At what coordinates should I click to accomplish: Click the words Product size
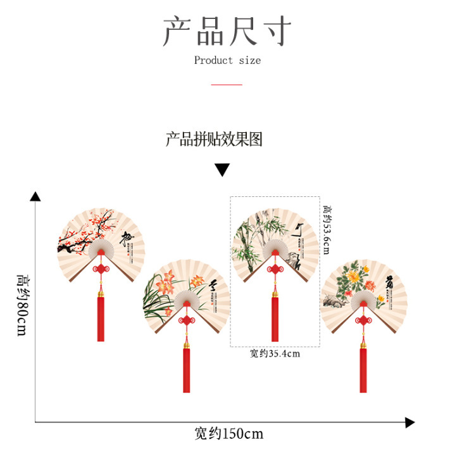pyautogui.click(x=227, y=61)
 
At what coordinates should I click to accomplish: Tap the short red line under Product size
pyautogui.click(x=227, y=84)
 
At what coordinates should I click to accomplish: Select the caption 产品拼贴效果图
pyautogui.click(x=214, y=139)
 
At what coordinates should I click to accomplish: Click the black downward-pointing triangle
pyautogui.click(x=222, y=170)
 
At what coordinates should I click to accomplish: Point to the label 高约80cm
pyautogui.click(x=22, y=304)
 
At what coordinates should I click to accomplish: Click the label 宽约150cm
pyautogui.click(x=228, y=434)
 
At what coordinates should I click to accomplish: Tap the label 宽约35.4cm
pyautogui.click(x=274, y=354)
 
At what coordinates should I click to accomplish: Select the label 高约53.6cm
pyautogui.click(x=327, y=229)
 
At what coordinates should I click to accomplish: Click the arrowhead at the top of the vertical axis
pyautogui.click(x=35, y=196)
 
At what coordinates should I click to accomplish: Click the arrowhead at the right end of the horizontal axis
pyautogui.click(x=409, y=422)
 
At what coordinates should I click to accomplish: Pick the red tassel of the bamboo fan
pyautogui.click(x=275, y=319)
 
